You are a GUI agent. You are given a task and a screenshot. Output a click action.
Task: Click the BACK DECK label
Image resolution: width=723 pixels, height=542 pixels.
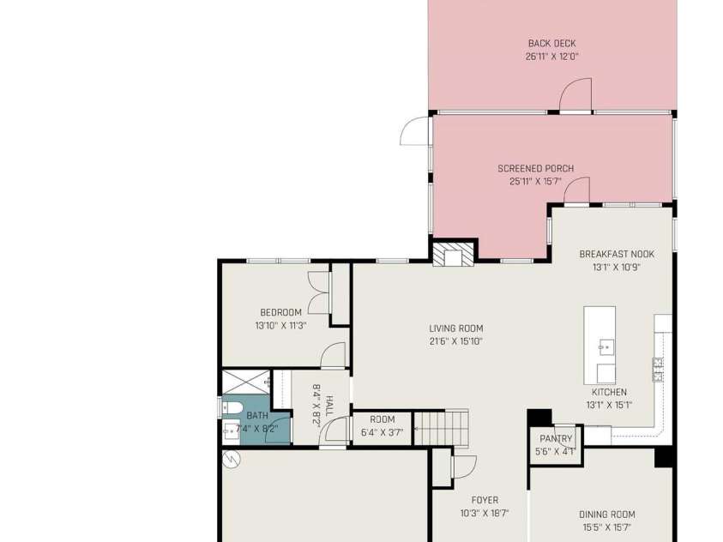[552, 44]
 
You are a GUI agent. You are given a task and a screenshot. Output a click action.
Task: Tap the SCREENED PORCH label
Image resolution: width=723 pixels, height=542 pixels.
[536, 169]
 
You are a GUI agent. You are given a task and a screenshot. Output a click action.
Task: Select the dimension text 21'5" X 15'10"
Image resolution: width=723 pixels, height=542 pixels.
[456, 341]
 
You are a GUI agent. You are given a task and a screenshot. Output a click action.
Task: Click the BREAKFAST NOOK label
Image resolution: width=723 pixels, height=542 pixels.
[617, 254]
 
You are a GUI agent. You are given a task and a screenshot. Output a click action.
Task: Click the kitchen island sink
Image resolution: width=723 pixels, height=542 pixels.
[606, 346]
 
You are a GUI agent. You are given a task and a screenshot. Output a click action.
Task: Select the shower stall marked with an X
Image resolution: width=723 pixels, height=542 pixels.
[246, 382]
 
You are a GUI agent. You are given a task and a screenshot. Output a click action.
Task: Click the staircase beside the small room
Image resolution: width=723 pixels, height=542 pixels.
[442, 428]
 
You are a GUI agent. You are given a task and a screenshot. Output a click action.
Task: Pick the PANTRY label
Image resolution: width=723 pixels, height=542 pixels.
[556, 439]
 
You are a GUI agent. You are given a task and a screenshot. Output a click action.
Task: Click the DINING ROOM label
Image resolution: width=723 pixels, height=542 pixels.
[607, 515]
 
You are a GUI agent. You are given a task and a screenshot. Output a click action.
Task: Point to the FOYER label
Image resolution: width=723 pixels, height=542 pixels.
[485, 500]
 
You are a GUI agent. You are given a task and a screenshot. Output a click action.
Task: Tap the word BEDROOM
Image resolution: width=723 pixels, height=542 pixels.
[280, 312]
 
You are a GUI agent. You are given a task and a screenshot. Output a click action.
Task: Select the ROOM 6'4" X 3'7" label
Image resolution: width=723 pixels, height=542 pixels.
[383, 426]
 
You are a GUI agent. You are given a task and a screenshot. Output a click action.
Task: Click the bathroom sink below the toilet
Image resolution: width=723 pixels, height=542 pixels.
[231, 432]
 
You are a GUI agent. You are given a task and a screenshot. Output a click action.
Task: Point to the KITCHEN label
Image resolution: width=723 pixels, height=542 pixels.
[609, 392]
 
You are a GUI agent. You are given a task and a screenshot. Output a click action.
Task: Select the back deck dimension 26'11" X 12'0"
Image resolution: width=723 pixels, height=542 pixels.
[552, 57]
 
